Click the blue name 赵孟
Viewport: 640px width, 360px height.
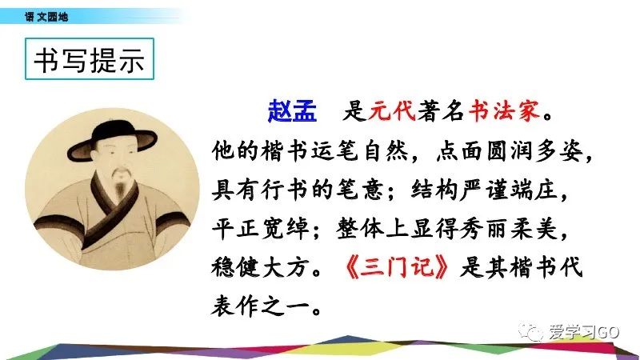[292, 111]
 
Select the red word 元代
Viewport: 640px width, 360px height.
[392, 110]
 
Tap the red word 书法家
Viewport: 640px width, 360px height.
[505, 110]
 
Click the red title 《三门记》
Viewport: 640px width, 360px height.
[397, 268]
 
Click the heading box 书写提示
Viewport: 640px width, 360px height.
[90, 58]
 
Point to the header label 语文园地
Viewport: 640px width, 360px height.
[46, 17]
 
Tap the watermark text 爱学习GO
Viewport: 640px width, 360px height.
[584, 332]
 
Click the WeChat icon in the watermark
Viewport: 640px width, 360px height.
[530, 332]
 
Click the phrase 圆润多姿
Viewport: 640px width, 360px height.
[535, 150]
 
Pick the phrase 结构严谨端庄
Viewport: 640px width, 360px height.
[485, 190]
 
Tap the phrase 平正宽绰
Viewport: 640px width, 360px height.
[261, 228]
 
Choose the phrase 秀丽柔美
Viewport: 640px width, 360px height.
[509, 228]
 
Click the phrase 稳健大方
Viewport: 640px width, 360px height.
[259, 268]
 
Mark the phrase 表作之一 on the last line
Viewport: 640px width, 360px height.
[259, 306]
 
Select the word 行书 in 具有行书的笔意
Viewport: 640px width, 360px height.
[285, 190]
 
